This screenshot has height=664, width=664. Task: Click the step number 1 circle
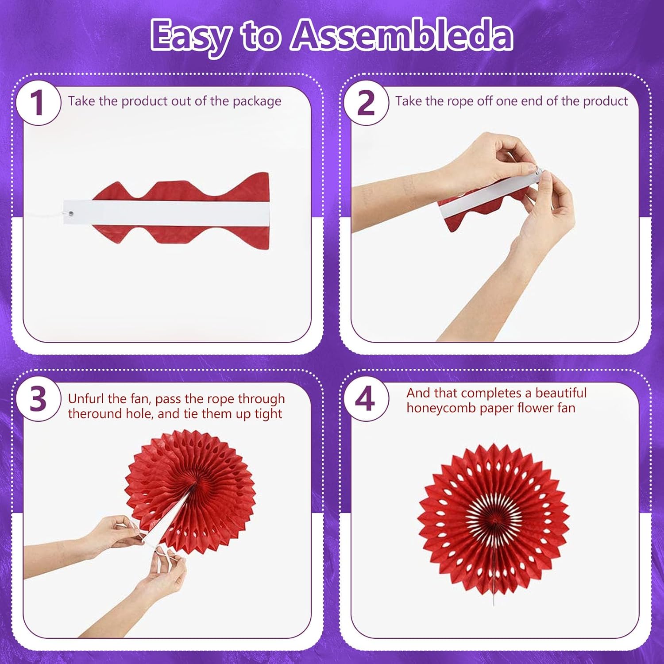[x=39, y=103]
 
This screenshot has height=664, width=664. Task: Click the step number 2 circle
[x=366, y=103]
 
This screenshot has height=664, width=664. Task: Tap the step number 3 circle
[x=39, y=399]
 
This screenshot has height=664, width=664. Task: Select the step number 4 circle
[x=366, y=399]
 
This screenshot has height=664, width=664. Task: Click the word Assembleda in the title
[x=402, y=35]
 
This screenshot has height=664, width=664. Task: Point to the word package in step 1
[x=257, y=102]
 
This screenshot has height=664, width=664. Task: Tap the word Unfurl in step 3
[x=86, y=399]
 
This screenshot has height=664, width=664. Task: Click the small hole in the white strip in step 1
[x=71, y=214]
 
